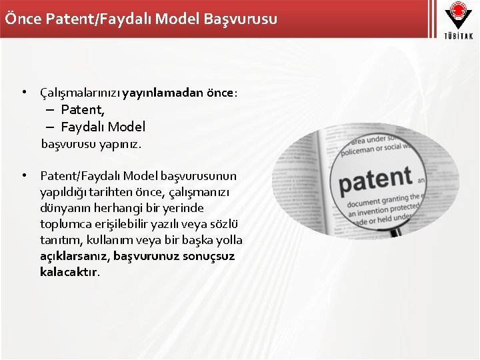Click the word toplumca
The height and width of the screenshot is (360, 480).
[65, 224]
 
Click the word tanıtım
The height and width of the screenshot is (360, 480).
[59, 240]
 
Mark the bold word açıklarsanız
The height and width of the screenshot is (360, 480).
[74, 257]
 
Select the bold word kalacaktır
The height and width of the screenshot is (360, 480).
[69, 273]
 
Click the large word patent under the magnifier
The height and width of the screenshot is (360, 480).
[375, 181]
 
